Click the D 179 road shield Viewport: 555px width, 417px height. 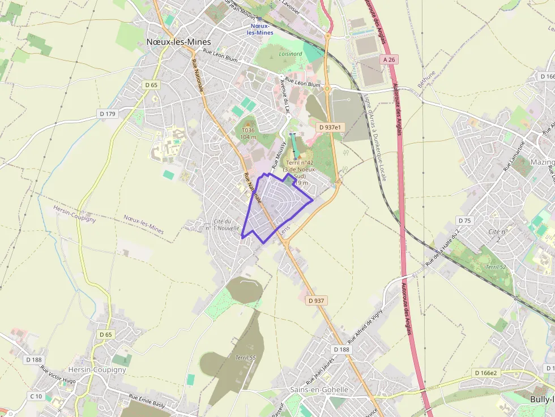(107, 114)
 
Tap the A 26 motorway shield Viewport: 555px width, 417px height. (388, 59)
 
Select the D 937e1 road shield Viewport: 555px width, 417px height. (330, 127)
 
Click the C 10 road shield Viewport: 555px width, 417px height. (36, 396)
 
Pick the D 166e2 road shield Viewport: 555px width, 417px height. (486, 373)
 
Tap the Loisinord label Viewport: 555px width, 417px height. (291, 54)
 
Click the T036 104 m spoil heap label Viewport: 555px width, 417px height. (248, 134)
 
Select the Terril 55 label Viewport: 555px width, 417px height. (246, 358)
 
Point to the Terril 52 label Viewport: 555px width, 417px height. (496, 266)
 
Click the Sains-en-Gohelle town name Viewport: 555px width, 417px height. (319, 390)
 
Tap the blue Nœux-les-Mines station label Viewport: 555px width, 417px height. (260, 29)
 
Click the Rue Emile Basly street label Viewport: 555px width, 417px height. (147, 400)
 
